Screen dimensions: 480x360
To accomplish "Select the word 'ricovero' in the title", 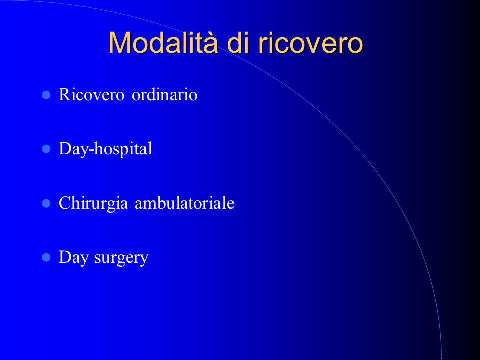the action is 311,43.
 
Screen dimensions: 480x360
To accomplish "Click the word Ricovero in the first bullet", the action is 91,94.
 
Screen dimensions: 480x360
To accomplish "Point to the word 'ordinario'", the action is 164,94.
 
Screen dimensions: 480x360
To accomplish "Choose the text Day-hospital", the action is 105,149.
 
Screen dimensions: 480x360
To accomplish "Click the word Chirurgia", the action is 93,203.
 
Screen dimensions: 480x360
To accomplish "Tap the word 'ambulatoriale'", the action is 185,202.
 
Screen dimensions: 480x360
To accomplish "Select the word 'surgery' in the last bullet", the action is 121,258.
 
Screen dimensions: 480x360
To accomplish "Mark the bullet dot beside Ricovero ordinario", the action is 46,95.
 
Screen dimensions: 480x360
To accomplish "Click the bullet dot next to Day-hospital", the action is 46,149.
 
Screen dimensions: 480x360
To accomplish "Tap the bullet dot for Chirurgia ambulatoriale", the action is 46,203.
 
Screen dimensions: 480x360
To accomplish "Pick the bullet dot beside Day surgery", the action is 46,258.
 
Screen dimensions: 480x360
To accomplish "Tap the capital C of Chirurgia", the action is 65,202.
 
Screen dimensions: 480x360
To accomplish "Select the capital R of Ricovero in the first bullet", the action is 65,94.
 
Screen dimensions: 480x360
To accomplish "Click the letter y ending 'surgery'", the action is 144,260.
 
